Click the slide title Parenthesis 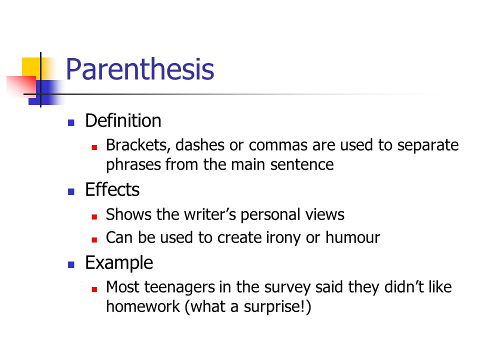point(139,69)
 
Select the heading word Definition point(123,120)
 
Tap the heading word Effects point(112,190)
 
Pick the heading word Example point(119,262)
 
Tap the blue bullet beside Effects point(71,191)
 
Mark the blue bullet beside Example point(71,264)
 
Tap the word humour point(352,237)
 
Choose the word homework point(143,306)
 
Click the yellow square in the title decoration point(31,66)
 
